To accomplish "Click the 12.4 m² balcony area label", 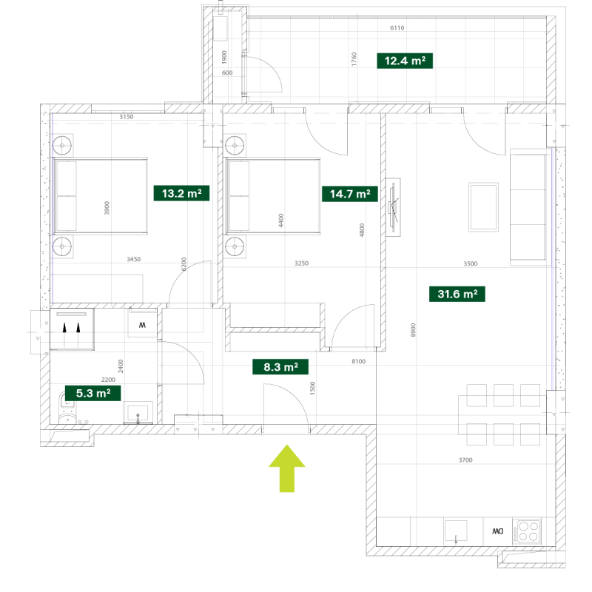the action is coord(405,61).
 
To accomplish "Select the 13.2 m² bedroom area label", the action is coord(181,193).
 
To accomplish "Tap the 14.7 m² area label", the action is coord(349,194).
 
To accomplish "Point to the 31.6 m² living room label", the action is coord(457,294).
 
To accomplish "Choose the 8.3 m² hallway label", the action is coord(280,366).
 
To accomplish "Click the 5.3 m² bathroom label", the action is coord(93,393).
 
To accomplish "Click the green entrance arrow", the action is coord(287,468).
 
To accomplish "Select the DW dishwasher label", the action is coord(497,531).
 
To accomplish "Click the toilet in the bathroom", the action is coord(67,409).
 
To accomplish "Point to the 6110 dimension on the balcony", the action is coord(397,28).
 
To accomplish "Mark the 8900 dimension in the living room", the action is coord(413,330).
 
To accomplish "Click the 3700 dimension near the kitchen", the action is coord(465,460).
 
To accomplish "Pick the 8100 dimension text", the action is coord(359,361).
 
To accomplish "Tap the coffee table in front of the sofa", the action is coord(483,207).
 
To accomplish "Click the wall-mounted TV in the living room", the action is coord(393,207).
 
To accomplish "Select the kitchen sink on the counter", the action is coord(456,531).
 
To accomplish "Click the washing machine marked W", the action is coord(142,324).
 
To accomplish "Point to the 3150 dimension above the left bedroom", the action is coord(127,117).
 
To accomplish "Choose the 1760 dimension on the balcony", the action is coord(354,59).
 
